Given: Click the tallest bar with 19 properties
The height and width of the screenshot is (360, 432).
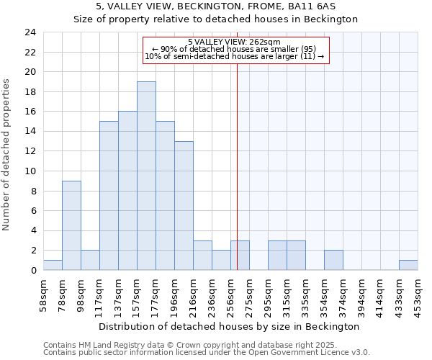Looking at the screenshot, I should coord(146,176).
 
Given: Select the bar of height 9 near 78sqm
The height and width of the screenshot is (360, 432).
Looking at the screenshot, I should coord(71,225).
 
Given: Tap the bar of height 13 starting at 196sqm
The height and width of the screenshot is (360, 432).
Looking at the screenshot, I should coord(184,206).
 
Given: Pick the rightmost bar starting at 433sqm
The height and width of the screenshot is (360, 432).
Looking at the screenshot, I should coord(408,265).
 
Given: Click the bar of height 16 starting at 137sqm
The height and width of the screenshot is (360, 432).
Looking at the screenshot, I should coord(127,191).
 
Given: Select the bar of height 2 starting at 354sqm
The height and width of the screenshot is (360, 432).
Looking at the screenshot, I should coord(333,260).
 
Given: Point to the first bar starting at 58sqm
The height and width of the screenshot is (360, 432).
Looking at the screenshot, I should coord(53,265).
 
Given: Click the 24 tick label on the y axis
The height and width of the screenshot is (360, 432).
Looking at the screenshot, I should coord(30,32).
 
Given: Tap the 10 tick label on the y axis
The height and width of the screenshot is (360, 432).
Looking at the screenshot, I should coord(30,171).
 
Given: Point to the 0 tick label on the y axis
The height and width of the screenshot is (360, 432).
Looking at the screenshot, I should coord(32,271).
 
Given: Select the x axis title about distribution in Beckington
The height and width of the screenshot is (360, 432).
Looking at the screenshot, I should coord(228,326).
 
